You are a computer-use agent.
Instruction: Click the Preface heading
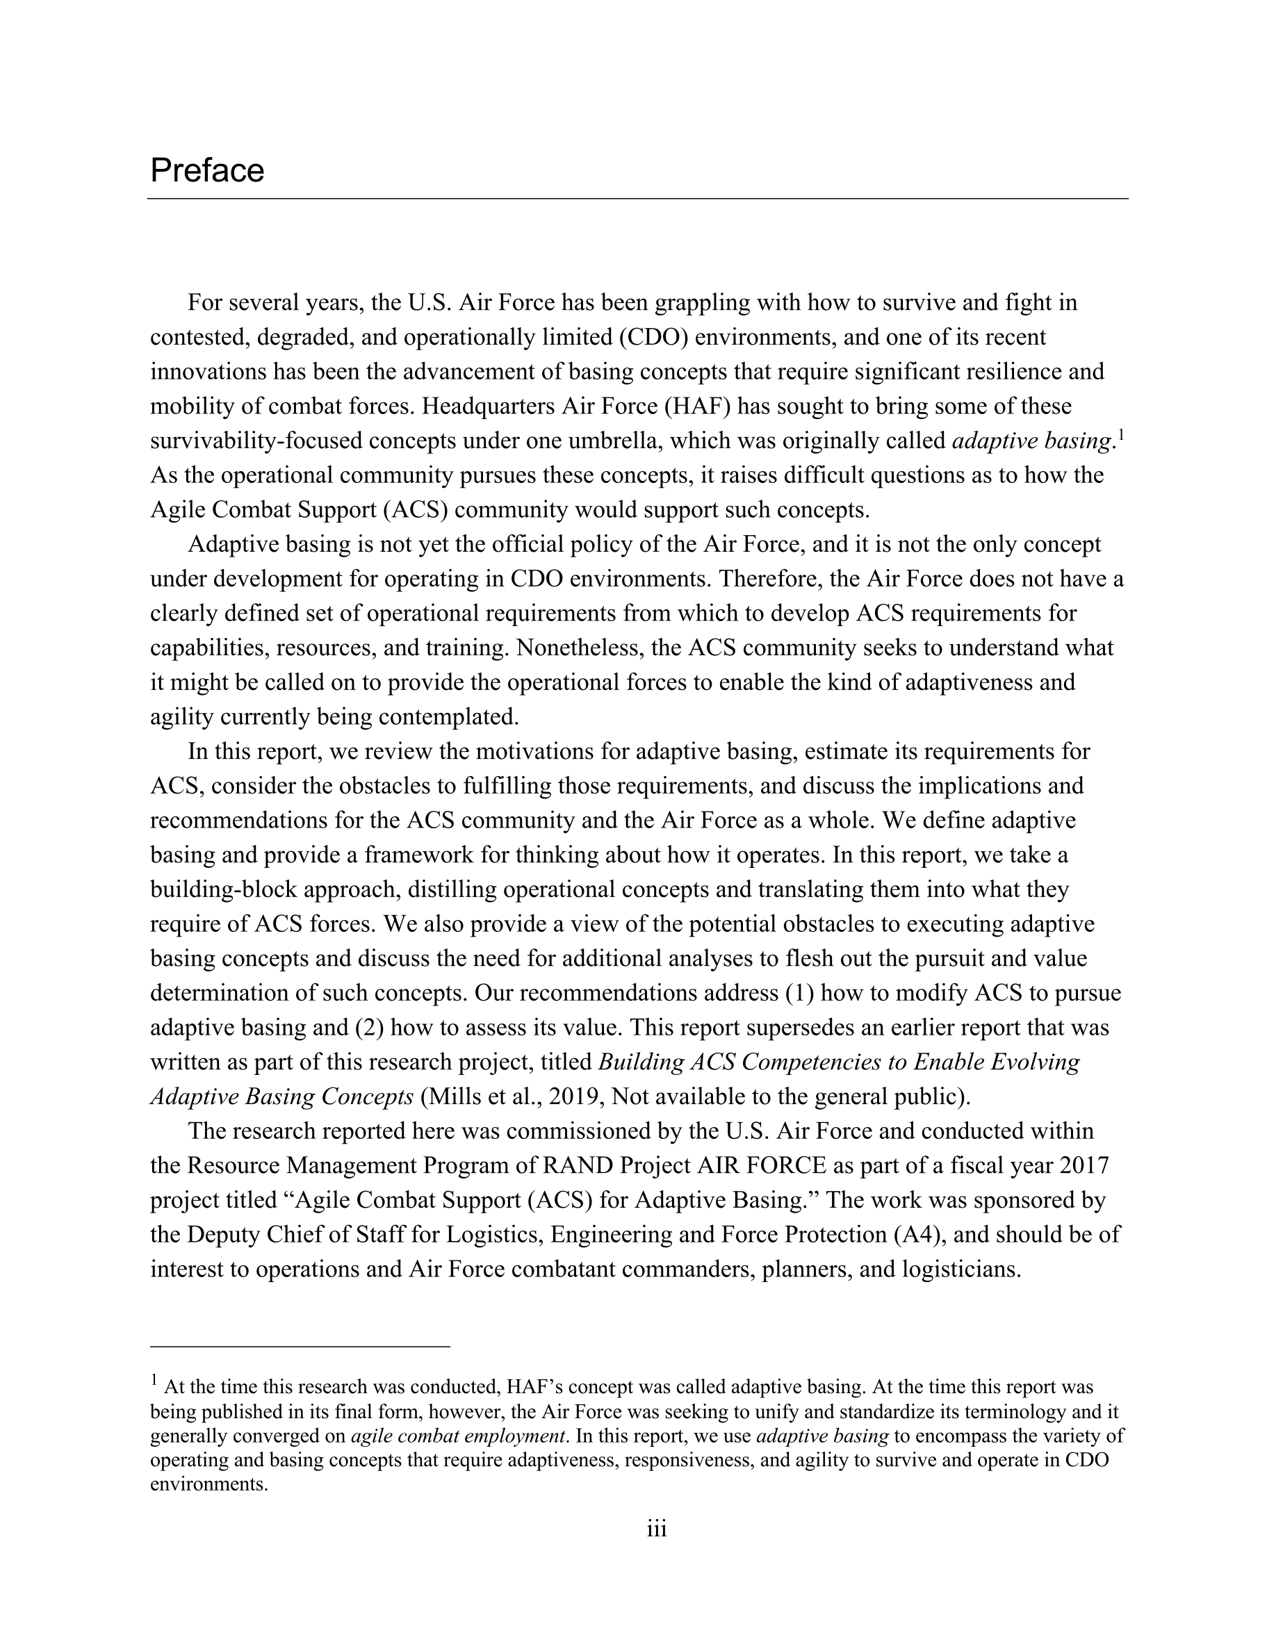click(207, 171)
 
